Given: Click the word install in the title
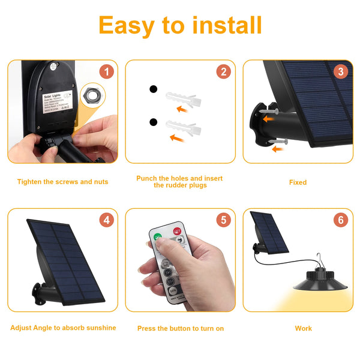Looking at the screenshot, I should click(x=227, y=26).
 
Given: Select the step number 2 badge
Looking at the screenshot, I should click(x=223, y=72).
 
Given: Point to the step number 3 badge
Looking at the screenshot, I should click(x=341, y=72).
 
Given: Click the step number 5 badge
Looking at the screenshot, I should click(x=223, y=220).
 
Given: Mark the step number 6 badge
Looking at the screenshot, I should click(x=341, y=220).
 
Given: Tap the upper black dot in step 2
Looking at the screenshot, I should click(x=153, y=89).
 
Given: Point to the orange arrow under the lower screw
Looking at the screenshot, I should click(x=277, y=149).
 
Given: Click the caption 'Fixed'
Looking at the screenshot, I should click(x=298, y=182).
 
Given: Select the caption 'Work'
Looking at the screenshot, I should click(x=303, y=328).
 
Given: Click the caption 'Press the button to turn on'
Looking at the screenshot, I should click(x=180, y=328).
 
